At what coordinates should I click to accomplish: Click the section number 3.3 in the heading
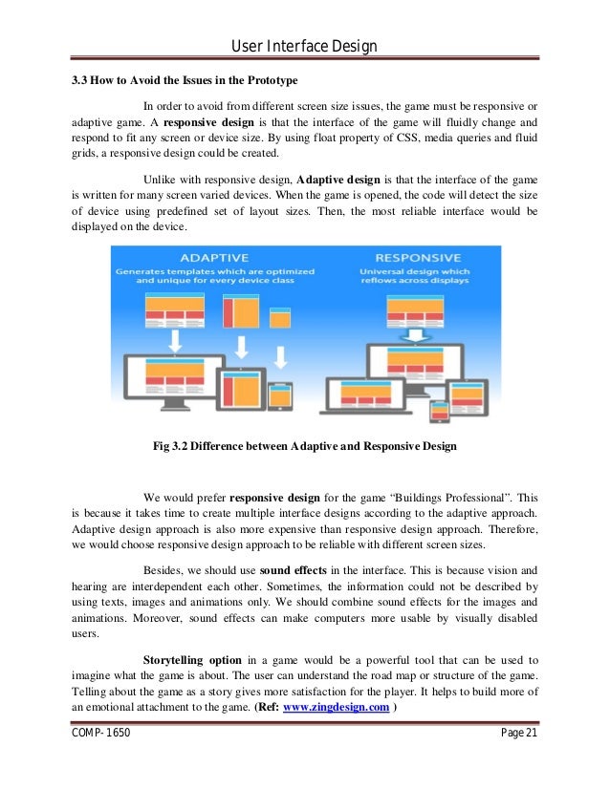(81, 80)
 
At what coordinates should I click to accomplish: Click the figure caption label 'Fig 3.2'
(172, 445)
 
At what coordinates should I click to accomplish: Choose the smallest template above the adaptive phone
(279, 318)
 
